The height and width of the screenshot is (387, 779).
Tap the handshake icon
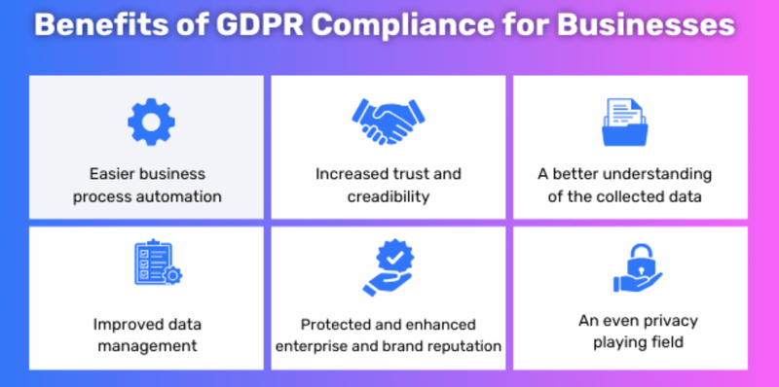388,120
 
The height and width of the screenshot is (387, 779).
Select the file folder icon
624,120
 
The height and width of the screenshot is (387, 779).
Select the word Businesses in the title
644,25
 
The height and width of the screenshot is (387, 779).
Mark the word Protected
334,323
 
